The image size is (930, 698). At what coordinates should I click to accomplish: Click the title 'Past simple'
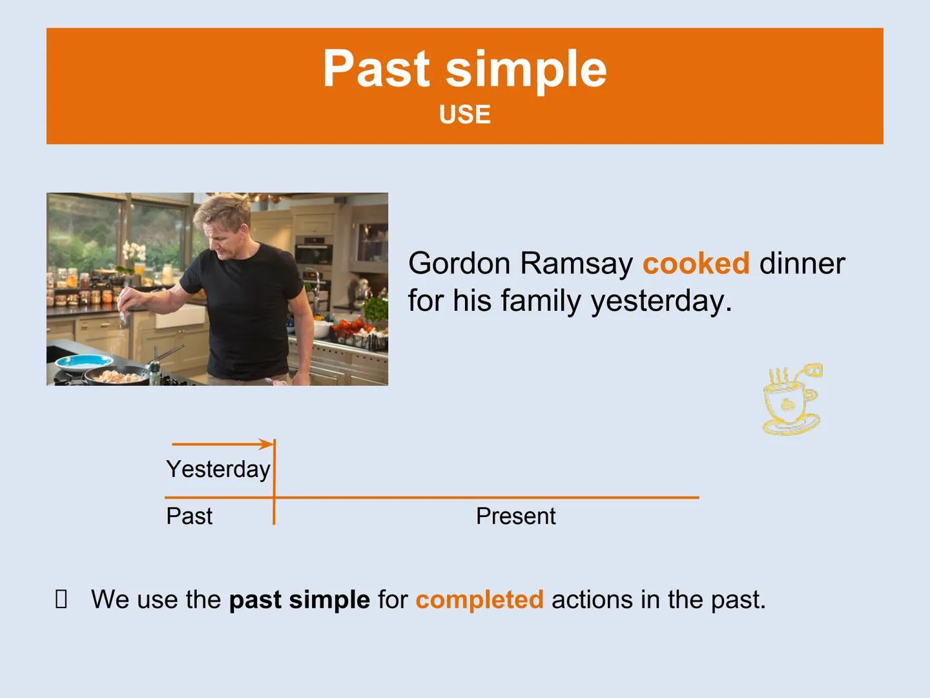coord(464,69)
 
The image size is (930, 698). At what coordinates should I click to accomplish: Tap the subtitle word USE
coord(464,115)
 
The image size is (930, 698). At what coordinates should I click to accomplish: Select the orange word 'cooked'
coord(696,264)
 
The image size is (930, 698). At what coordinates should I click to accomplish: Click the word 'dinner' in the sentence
coord(801,264)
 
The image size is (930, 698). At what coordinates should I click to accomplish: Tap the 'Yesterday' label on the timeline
coord(218,469)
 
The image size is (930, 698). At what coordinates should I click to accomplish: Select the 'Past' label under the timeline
coord(189,516)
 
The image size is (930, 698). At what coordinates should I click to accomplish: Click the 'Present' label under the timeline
coord(515,516)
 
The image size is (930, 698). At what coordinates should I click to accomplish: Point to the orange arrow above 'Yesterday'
coord(223,444)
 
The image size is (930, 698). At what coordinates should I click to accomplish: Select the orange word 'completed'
coord(479,600)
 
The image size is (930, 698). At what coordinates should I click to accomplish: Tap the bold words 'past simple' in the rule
coord(299,600)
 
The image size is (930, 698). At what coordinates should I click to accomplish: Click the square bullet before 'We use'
coord(61,600)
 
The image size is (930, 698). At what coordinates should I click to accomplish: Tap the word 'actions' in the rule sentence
coord(592,600)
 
